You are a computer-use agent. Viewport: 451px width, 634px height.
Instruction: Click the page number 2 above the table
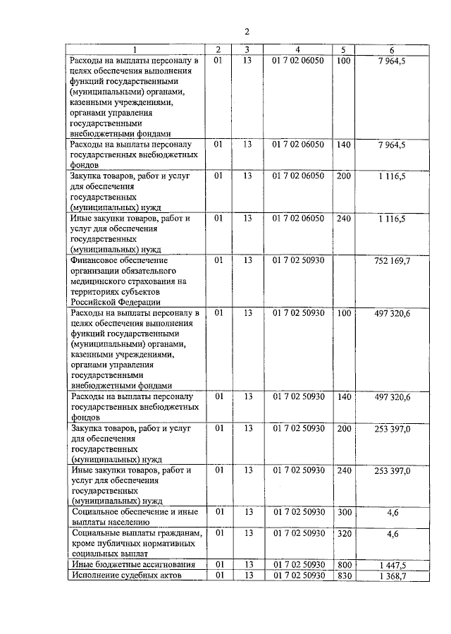(247, 32)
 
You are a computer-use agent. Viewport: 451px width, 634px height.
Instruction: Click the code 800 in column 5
(344, 566)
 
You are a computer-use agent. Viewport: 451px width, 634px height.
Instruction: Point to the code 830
(344, 576)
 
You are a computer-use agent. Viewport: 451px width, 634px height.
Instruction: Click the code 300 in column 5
(344, 512)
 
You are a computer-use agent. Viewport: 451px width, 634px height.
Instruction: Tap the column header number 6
(392, 49)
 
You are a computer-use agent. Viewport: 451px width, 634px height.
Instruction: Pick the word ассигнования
(159, 566)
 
